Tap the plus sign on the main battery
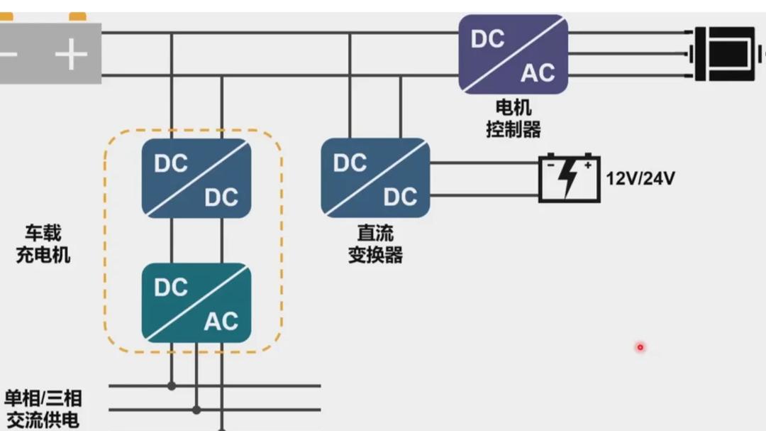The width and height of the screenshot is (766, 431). tap(71, 55)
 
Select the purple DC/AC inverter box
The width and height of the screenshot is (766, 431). tap(513, 55)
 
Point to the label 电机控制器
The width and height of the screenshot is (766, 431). tap(513, 119)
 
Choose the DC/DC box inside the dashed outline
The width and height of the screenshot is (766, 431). tap(196, 178)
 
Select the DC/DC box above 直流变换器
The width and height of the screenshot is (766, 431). tap(375, 178)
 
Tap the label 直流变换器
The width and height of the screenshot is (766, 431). tap(375, 244)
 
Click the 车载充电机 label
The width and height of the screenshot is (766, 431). tap(43, 244)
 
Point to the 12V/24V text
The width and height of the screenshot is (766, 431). tap(640, 178)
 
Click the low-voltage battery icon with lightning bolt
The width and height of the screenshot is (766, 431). tap(569, 178)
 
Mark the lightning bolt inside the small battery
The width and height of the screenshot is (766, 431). tap(569, 180)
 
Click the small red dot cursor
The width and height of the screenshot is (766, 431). tap(640, 347)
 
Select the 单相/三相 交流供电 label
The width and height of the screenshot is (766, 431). tap(43, 408)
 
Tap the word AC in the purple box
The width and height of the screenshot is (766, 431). tap(538, 72)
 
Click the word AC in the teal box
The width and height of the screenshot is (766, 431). tap(221, 322)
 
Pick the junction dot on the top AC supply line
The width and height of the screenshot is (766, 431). tap(172, 386)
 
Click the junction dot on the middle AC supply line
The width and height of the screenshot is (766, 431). tap(196, 410)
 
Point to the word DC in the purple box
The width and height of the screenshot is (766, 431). tap(488, 39)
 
